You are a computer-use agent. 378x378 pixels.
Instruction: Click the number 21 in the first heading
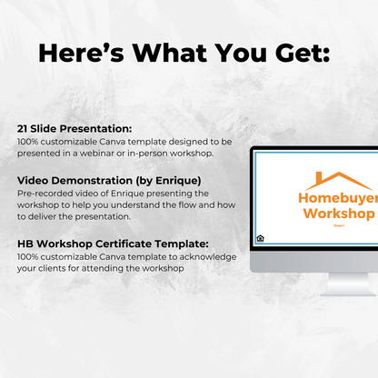[x=23, y=130]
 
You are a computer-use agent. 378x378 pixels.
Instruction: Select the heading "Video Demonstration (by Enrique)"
[x=109, y=180]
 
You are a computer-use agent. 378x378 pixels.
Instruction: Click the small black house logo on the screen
[x=260, y=238]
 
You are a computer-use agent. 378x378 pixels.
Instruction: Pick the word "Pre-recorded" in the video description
[x=42, y=193]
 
